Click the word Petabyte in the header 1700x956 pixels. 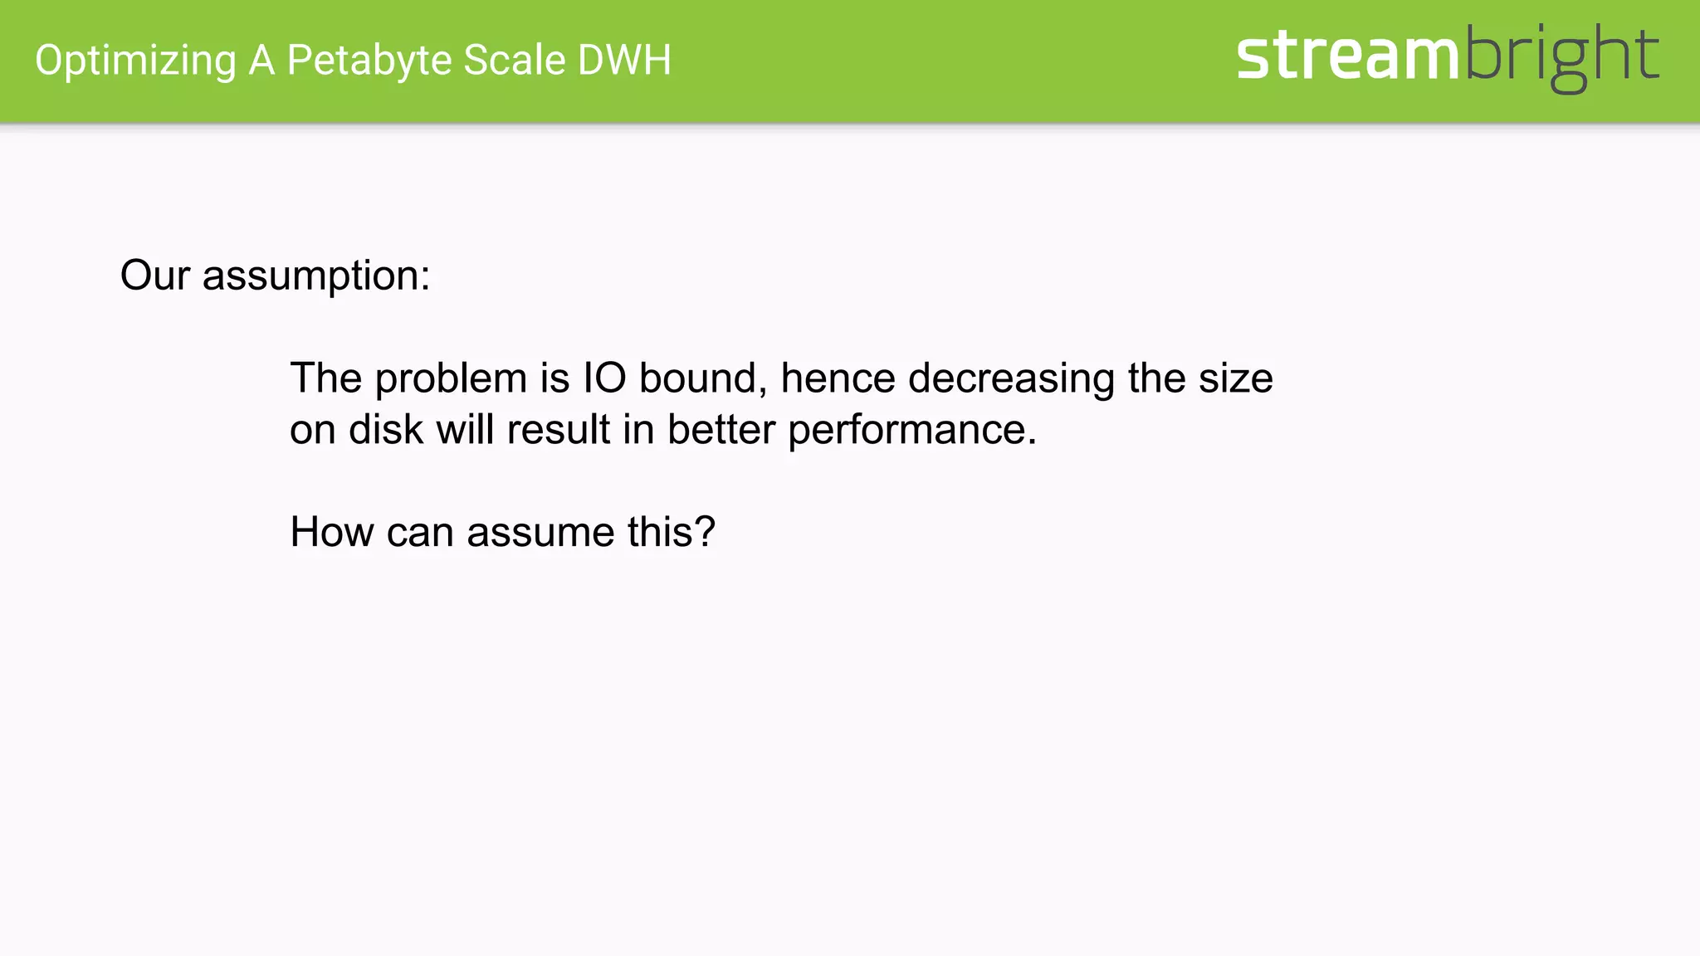(x=369, y=61)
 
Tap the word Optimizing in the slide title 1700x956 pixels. (x=135, y=61)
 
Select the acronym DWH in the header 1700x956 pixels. (x=624, y=61)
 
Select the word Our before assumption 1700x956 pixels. (x=155, y=275)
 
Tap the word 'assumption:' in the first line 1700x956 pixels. (x=316, y=276)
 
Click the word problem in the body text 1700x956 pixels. (x=451, y=378)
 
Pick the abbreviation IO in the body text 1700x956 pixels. (x=604, y=378)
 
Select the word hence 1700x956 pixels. (x=838, y=378)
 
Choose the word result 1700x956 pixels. (x=558, y=430)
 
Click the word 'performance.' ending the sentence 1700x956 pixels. (x=912, y=431)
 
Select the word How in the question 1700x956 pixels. (x=331, y=532)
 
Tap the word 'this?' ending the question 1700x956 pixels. (x=671, y=532)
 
